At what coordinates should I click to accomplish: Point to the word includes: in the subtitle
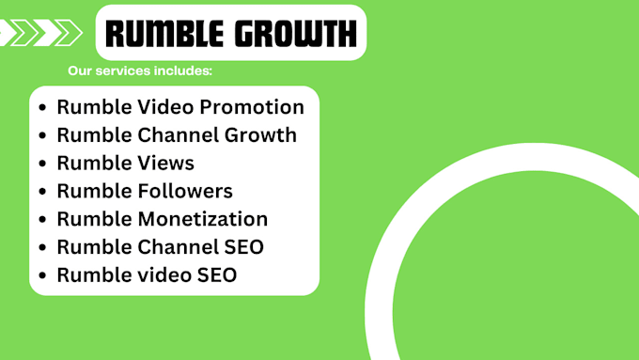(185, 71)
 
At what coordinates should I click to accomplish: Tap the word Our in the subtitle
(81, 71)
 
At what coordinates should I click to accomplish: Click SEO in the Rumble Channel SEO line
(243, 247)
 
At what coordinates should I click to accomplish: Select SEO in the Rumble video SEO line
(216, 275)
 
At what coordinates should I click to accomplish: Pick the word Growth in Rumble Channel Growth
(258, 135)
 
